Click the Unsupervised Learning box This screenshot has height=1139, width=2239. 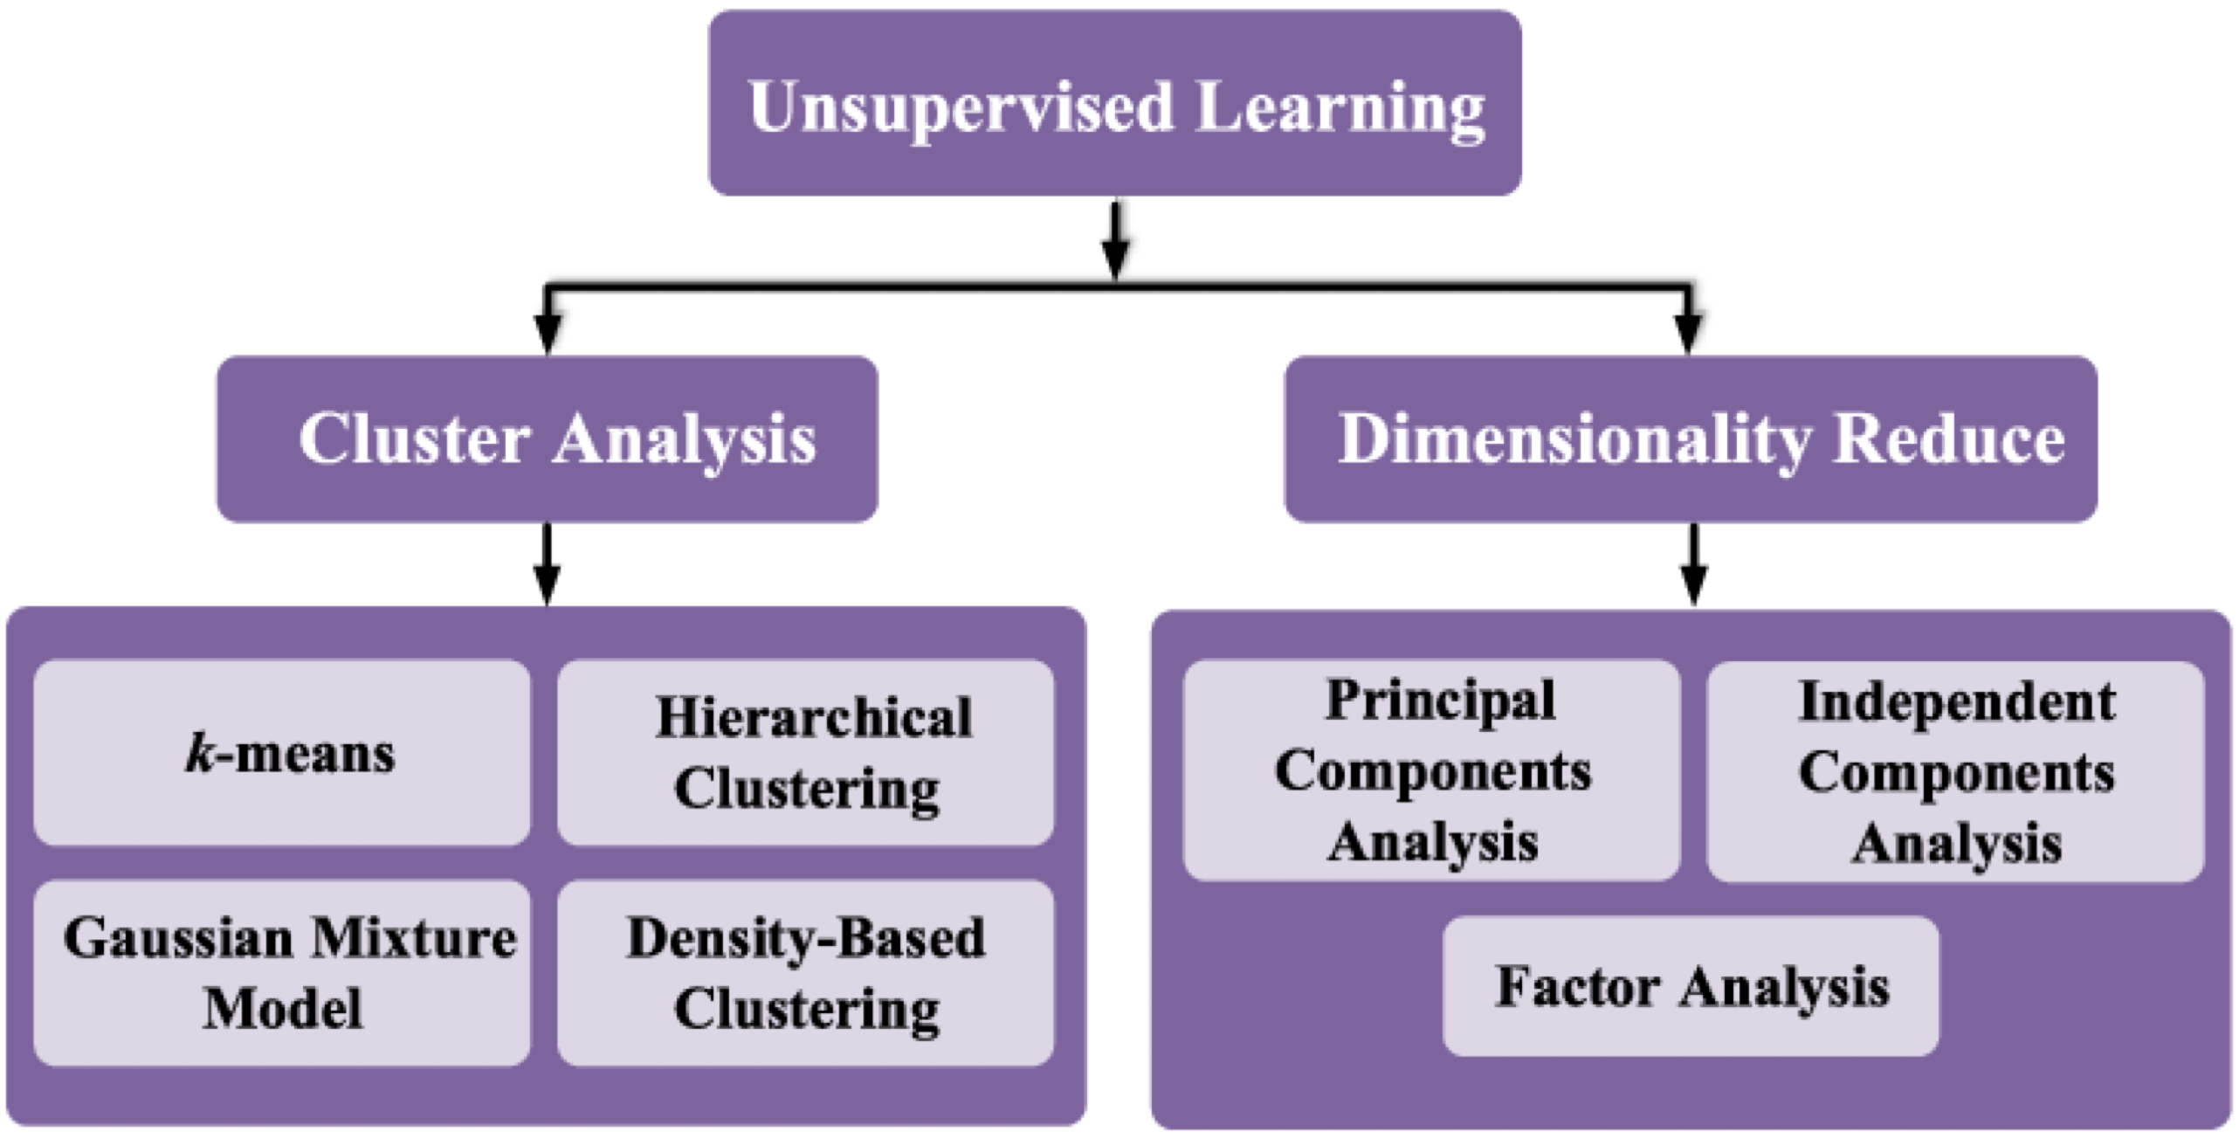[1115, 103]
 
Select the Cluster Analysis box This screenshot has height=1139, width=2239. [548, 439]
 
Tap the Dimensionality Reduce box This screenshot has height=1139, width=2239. [1691, 439]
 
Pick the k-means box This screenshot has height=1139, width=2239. [282, 753]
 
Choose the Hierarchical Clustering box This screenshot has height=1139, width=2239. [806, 753]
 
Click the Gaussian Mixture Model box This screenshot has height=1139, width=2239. [282, 973]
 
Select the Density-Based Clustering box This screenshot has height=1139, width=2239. [806, 973]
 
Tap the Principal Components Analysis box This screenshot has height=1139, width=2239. [1432, 770]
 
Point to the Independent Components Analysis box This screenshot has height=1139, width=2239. [1956, 772]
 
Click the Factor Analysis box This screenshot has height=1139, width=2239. [1691, 986]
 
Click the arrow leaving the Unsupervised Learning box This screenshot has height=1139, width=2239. [1115, 240]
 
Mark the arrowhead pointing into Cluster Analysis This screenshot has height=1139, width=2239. [548, 333]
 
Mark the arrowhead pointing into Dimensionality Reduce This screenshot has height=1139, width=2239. [1689, 333]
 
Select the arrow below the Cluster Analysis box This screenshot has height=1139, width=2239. [548, 564]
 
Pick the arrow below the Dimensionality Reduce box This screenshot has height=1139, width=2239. [1694, 564]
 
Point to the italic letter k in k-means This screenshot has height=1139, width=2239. [200, 751]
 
